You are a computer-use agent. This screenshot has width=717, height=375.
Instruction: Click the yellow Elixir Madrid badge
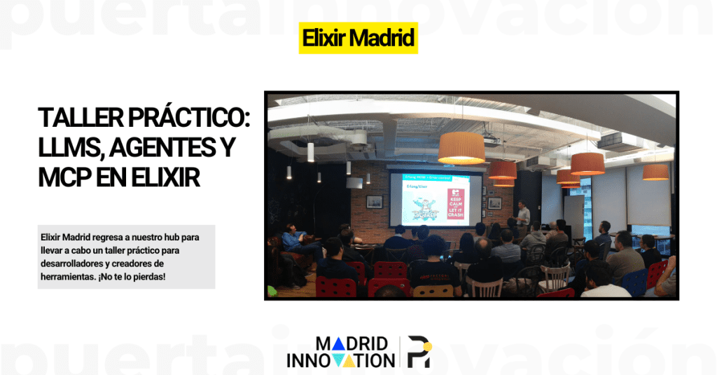(358, 38)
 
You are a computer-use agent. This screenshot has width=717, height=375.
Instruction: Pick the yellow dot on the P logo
(427, 346)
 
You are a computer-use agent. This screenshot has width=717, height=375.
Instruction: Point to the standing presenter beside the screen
(522, 217)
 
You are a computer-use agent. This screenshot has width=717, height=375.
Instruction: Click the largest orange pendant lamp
(461, 148)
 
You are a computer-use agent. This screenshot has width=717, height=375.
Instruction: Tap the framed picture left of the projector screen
(375, 201)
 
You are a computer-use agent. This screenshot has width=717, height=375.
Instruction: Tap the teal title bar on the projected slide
(434, 177)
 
